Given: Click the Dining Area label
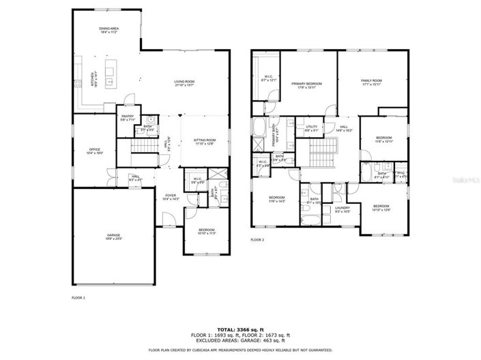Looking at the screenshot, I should click(x=110, y=30).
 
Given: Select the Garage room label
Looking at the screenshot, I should click(x=113, y=237).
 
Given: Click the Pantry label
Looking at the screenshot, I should click(x=128, y=117).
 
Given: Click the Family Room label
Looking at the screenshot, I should click(x=371, y=82).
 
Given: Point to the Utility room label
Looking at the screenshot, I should click(x=312, y=127).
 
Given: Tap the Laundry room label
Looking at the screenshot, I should click(x=342, y=209).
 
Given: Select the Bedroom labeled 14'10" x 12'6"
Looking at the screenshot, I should click(x=381, y=207).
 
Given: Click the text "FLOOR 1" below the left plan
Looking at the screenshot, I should click(x=79, y=298).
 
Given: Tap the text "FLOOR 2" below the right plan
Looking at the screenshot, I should click(x=257, y=240).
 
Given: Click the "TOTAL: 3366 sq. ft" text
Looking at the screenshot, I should click(x=240, y=327).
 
